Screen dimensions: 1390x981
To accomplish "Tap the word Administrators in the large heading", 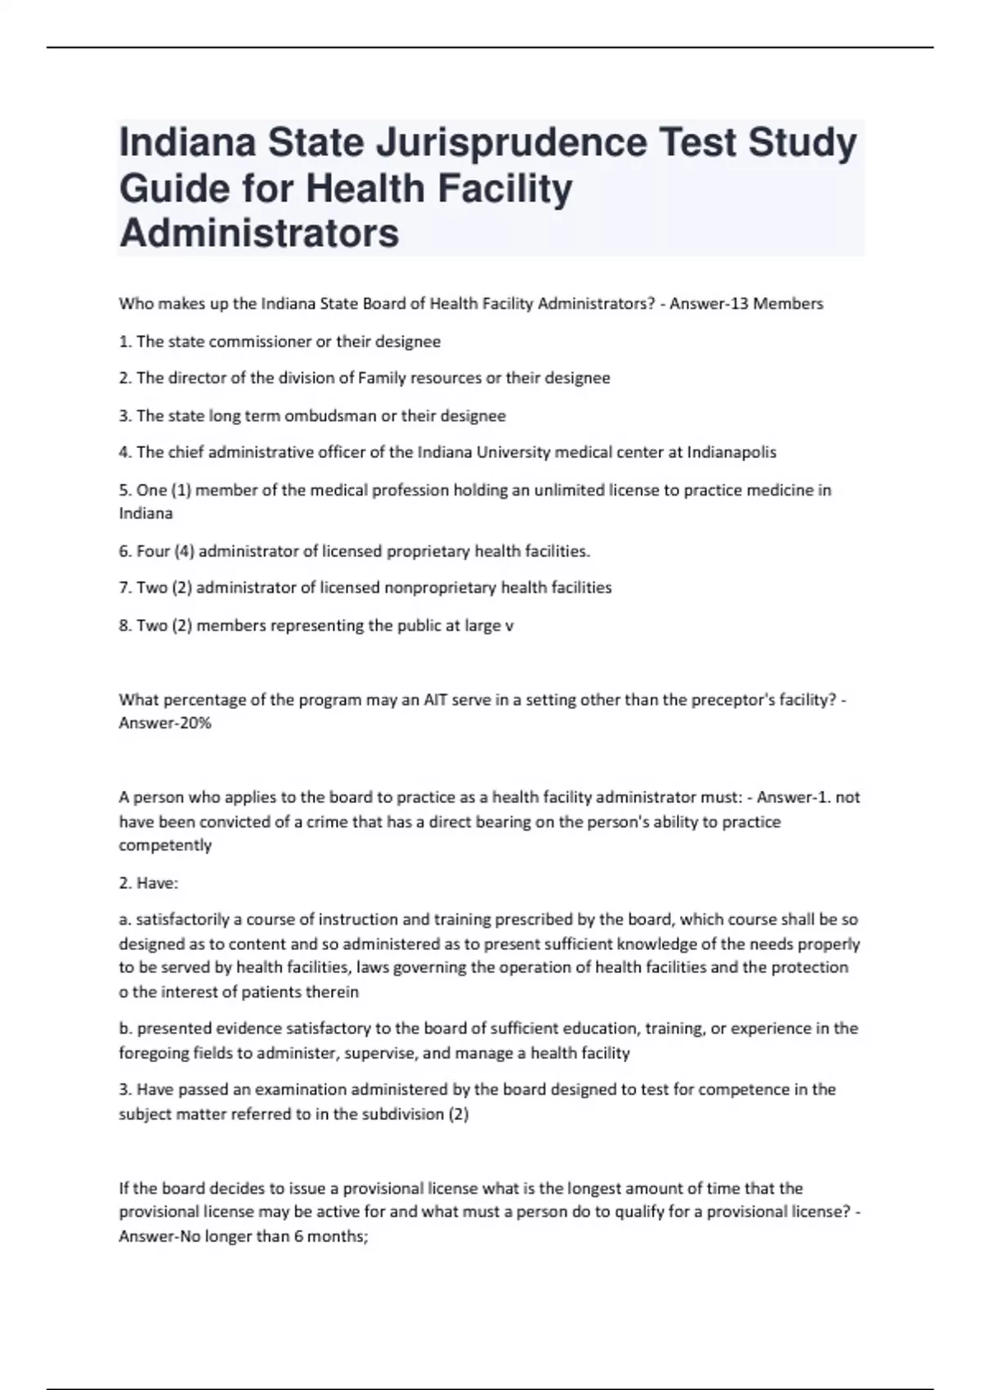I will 259,233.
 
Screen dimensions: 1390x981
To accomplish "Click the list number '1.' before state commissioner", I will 126,342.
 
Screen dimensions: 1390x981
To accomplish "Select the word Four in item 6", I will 153,551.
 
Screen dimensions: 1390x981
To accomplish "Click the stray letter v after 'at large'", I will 509,625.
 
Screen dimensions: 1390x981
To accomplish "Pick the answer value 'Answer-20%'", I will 165,724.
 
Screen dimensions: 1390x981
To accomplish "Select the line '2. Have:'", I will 149,883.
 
